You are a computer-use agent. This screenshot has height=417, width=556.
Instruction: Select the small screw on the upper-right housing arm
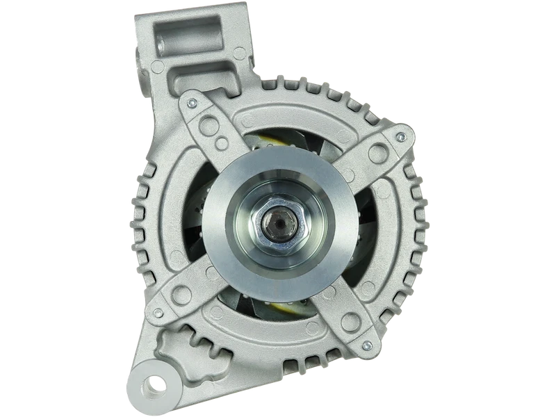[399, 138]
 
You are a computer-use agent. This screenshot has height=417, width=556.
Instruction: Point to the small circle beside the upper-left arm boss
[222, 144]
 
